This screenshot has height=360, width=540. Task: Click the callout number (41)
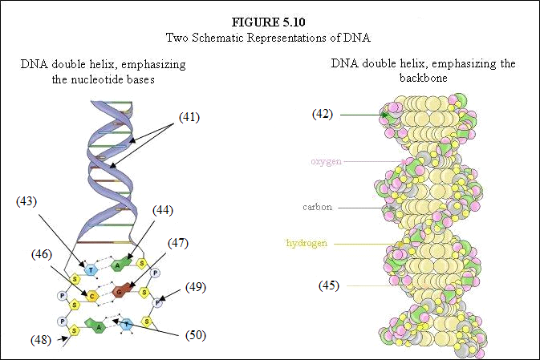189,117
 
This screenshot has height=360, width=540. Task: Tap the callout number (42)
323,114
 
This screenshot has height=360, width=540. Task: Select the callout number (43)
26,201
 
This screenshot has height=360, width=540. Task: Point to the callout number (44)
163,210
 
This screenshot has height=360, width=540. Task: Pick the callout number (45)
328,285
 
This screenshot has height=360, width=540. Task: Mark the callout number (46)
42,254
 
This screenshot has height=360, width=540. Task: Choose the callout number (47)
178,243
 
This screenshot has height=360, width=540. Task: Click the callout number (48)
41,340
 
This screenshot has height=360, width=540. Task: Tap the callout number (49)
196,287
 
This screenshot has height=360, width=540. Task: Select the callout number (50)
196,335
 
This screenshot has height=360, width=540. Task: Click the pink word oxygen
326,161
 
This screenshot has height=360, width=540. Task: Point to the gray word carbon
318,207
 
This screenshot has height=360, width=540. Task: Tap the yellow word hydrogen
307,243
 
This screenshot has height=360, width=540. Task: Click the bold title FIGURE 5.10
268,22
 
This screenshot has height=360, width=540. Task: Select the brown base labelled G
121,291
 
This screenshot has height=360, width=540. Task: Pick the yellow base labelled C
92,297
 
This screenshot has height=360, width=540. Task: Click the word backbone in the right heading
423,78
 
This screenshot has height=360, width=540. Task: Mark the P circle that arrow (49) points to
157,303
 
